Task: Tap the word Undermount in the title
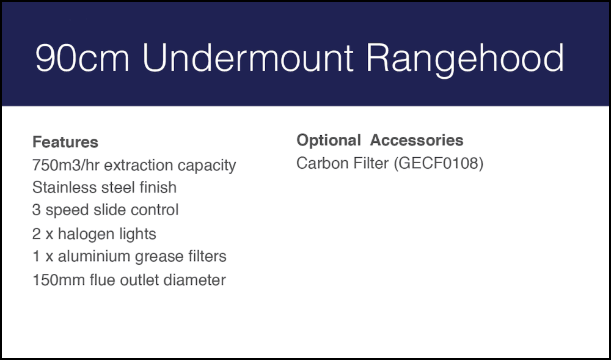click(247, 59)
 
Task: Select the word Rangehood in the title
click(464, 59)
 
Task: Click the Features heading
click(65, 142)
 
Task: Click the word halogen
click(83, 234)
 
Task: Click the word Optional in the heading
click(329, 141)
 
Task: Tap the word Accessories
click(417, 141)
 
